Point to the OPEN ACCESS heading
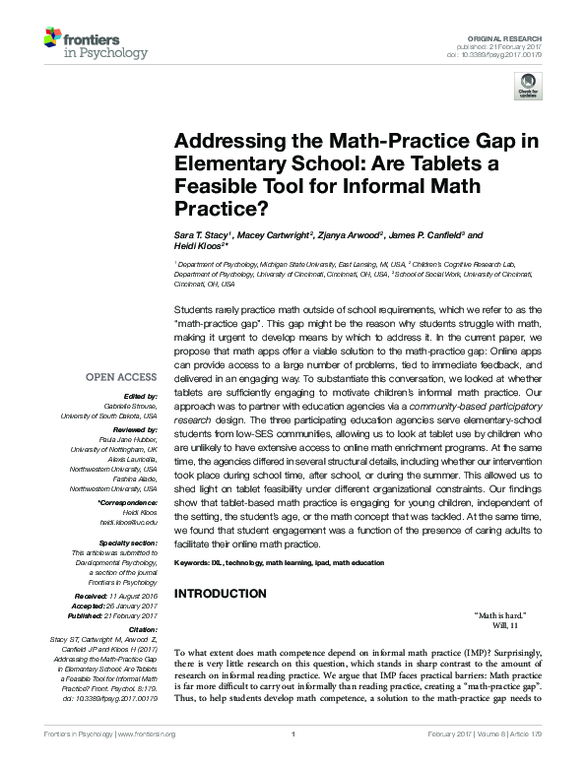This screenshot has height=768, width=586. [x=121, y=377]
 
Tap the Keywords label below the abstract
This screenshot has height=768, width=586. [x=195, y=561]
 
